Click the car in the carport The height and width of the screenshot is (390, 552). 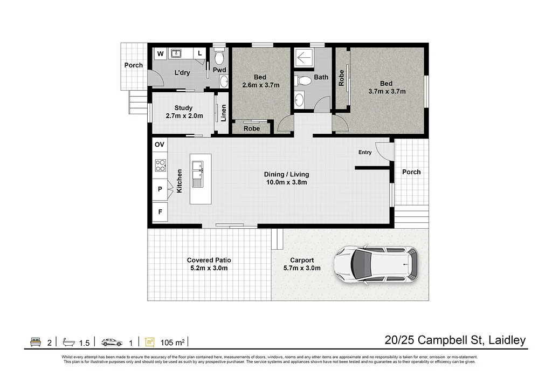coord(376,264)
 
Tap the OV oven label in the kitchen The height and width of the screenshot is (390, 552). coord(160,145)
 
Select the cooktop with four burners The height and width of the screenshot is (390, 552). coord(161,165)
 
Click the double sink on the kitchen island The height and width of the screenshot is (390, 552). coord(197,174)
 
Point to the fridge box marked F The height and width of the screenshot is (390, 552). coord(160,212)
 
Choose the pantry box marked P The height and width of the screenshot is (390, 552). coord(160,189)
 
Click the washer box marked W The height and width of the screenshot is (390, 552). coord(161,53)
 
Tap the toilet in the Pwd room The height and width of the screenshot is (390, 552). coord(219,56)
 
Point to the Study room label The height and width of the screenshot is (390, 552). coord(183,108)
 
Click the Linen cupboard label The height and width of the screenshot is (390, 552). coord(224,113)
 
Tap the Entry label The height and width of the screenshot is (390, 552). coord(365,152)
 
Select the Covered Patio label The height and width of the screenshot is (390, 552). coord(209,260)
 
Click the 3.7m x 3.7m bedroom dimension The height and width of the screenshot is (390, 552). coord(387,92)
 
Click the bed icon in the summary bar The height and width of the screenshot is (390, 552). coord(36,342)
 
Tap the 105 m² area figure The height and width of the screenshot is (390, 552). coord(172,343)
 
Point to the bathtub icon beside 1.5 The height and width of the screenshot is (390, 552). coord(68,342)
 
